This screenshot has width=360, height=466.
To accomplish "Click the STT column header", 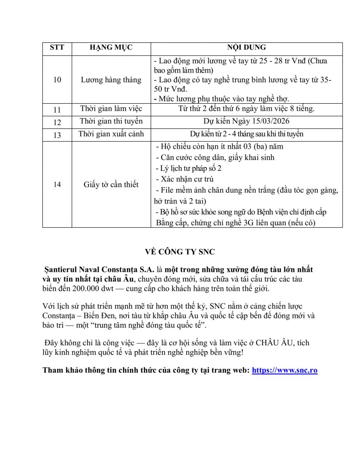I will pyautogui.click(x=57, y=48).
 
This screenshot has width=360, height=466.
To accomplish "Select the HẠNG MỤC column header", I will pyautogui.click(x=111, y=48).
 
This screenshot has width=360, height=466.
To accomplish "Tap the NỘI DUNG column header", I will pyautogui.click(x=247, y=48).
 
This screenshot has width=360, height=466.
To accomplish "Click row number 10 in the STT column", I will pyautogui.click(x=57, y=80).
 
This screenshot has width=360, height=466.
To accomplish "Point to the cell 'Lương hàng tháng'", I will pyautogui.click(x=111, y=80).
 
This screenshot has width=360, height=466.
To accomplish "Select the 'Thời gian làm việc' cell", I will pyautogui.click(x=111, y=109).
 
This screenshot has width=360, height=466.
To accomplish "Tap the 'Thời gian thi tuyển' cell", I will pyautogui.click(x=111, y=121).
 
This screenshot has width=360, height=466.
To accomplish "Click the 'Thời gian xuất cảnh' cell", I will pyautogui.click(x=111, y=134).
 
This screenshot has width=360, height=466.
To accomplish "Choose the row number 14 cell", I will pyautogui.click(x=57, y=184).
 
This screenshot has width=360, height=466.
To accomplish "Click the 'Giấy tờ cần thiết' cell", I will pyautogui.click(x=111, y=184).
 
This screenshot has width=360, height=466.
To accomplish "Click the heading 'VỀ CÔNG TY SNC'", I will pyautogui.click(x=180, y=252).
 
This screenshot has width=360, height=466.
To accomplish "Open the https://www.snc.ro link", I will pyautogui.click(x=285, y=370).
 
